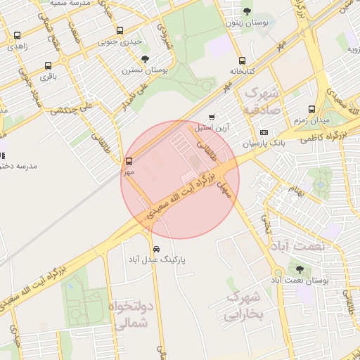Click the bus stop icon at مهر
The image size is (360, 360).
128,161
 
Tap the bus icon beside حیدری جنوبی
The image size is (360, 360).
120,32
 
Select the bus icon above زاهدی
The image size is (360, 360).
18,35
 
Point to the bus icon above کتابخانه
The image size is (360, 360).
242,60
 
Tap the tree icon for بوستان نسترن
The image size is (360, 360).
145,60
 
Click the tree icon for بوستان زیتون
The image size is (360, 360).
247,11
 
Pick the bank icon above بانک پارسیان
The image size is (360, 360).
264,132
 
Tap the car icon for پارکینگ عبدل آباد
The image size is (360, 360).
156,250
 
